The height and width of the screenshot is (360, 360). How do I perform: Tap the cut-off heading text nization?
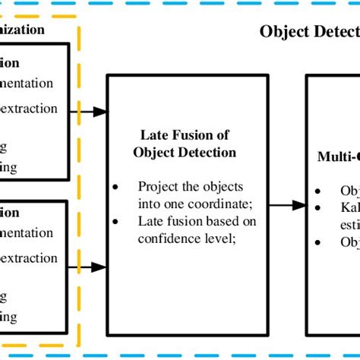point(23,30)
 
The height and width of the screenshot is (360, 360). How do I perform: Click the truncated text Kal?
point(349,207)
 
